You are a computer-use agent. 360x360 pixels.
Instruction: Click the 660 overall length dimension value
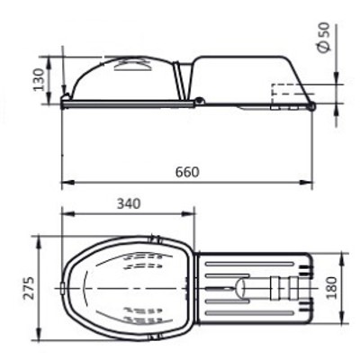187,172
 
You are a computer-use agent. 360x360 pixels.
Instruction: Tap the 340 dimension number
129,204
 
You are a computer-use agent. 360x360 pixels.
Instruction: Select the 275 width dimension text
29,288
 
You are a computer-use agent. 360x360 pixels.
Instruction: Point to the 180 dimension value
331,288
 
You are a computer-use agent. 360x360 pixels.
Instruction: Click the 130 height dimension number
39,80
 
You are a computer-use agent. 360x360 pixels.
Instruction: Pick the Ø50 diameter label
324,38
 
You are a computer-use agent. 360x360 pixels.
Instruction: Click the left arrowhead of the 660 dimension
67,182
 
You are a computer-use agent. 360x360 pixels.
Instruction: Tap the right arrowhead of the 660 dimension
306,182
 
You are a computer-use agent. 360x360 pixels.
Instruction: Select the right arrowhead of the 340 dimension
189,213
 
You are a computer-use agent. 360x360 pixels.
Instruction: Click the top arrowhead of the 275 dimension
39,242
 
